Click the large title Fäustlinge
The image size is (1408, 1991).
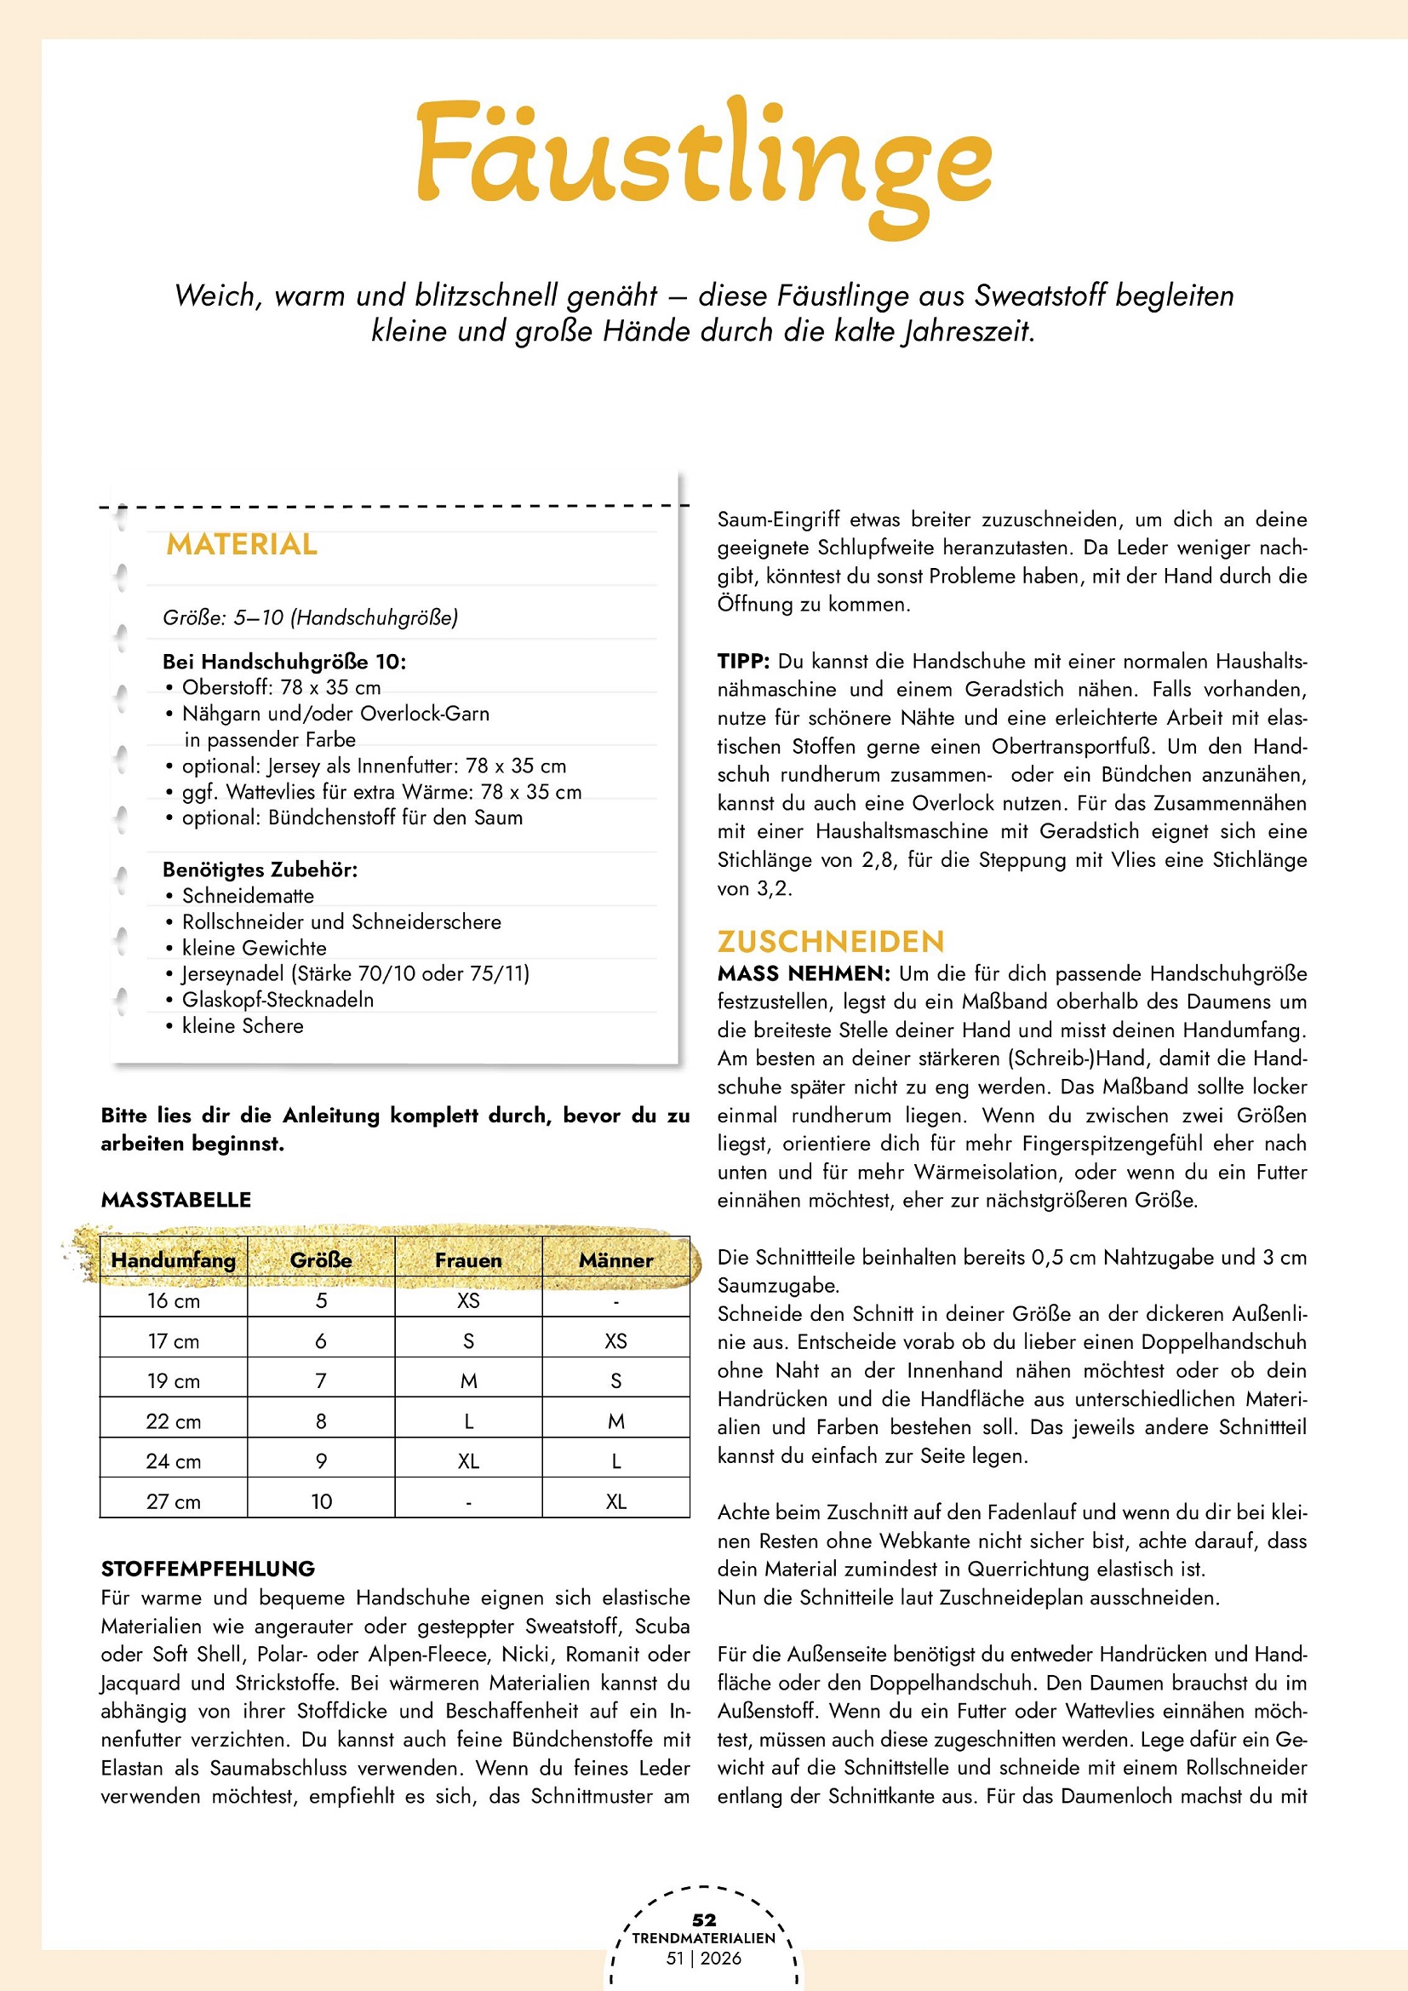(704, 160)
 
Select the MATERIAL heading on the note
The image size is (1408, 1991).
(242, 544)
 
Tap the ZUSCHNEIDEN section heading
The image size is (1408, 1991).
(831, 942)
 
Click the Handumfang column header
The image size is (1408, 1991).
(174, 1260)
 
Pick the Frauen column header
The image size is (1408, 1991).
(468, 1260)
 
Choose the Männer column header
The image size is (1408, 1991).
(615, 1260)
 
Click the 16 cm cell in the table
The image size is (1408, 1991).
(174, 1300)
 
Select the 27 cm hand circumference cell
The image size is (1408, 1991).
(174, 1501)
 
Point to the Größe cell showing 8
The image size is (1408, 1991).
(321, 1421)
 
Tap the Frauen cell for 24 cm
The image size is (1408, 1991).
(468, 1461)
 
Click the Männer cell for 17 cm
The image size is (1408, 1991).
(615, 1340)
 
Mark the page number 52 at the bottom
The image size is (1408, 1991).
(704, 1919)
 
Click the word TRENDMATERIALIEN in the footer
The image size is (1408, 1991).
(704, 1938)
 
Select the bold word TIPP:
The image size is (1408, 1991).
(743, 662)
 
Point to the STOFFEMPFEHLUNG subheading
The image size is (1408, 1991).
(208, 1569)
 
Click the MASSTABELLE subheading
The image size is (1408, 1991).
(176, 1200)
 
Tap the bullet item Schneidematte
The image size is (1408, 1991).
(248, 896)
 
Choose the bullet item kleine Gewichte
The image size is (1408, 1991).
(254, 948)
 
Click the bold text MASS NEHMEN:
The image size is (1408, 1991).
(804, 974)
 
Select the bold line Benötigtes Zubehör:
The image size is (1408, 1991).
(260, 869)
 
